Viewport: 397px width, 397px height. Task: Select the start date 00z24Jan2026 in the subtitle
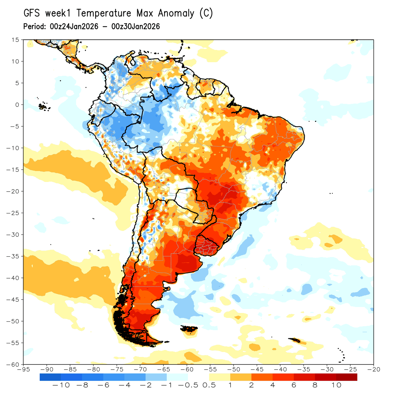[74, 26]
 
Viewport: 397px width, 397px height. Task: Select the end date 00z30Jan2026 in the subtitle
[136, 26]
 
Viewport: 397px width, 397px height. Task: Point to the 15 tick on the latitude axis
[15, 40]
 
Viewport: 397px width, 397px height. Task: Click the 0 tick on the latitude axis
[17, 105]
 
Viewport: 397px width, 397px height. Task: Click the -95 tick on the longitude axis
[23, 369]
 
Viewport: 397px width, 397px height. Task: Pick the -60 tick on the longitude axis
[187, 369]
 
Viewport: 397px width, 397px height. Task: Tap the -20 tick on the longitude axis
[374, 369]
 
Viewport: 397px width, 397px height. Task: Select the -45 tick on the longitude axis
[257, 369]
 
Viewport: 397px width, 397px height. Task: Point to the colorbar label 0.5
[209, 385]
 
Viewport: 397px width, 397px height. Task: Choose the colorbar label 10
[336, 385]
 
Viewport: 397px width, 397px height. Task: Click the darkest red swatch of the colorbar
[347, 377]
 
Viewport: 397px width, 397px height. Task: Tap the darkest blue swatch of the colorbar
[50, 377]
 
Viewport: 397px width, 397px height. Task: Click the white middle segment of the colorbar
[198, 377]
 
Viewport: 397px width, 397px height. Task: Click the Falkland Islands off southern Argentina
[190, 329]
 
